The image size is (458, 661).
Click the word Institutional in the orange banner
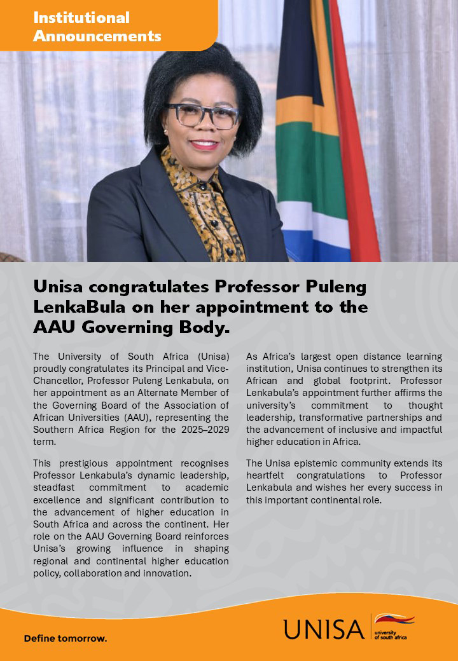81,18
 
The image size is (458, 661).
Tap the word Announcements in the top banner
97,36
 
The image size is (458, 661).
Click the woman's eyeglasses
202,115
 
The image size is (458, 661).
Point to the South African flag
324,127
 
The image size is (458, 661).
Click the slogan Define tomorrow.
65,638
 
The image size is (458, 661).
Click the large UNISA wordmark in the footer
324,629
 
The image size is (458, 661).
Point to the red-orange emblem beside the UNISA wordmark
394,618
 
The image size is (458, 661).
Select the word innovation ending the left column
169,573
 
